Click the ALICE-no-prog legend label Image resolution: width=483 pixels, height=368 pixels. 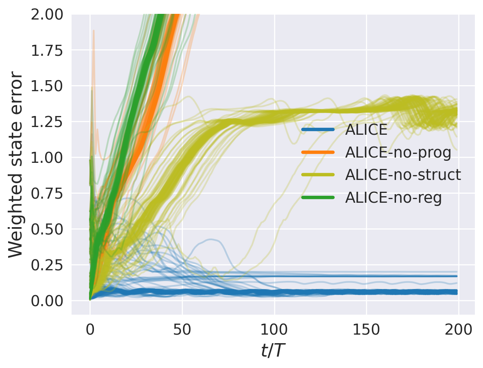click(398, 152)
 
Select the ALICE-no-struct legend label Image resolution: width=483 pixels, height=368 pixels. click(403, 175)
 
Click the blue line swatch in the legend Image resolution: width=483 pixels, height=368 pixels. click(318, 130)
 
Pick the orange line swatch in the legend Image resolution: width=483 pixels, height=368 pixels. click(318, 152)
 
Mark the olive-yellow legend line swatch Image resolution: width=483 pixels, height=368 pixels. click(318, 175)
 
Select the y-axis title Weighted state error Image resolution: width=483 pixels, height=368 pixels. click(16, 164)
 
